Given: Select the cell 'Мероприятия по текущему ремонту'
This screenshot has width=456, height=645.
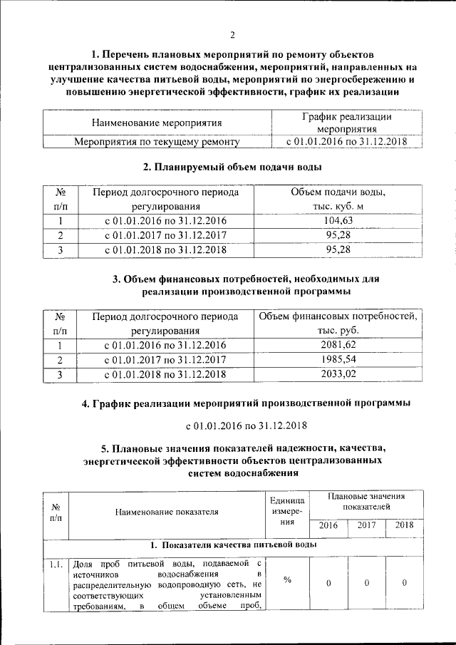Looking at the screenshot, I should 157,142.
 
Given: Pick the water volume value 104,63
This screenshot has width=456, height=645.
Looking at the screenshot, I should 338,221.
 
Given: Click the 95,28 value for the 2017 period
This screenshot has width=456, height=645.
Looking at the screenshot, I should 338,235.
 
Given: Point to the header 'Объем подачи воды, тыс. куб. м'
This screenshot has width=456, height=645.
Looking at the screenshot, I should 338,200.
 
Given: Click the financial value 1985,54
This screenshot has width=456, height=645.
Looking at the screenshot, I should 338,359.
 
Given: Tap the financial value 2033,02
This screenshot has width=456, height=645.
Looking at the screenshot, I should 338,373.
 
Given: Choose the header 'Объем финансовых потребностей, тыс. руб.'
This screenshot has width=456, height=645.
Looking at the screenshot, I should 338,324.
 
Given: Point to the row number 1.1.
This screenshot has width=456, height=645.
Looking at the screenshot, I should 56,565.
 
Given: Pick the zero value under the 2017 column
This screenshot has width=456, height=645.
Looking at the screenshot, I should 366,583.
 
